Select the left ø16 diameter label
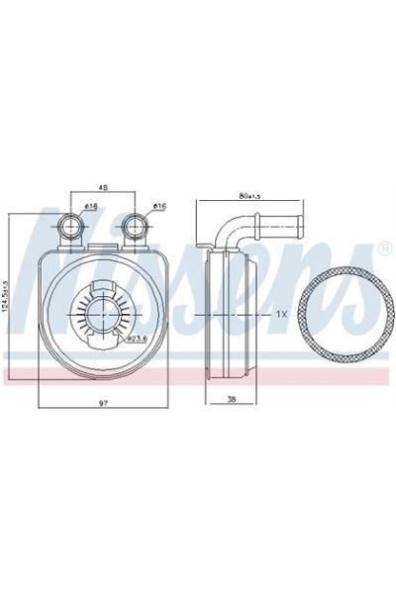[x=90, y=206]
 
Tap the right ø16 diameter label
[x=157, y=206]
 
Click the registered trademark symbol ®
[x=384, y=246]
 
